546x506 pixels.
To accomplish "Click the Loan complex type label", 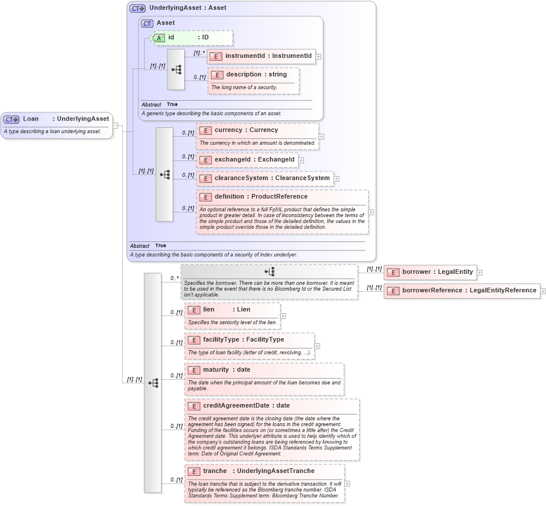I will tap(56, 119).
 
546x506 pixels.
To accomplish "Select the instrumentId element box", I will tap(262, 56).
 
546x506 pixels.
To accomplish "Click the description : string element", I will tap(254, 75).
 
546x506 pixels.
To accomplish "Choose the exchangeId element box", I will tap(247, 160).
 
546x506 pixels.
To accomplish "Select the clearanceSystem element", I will tap(265, 178).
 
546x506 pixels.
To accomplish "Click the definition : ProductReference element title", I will tap(261, 197).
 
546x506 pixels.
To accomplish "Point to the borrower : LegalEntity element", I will tap(429, 272).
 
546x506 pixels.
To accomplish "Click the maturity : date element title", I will tap(226, 370).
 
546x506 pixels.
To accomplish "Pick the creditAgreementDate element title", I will tap(246, 406).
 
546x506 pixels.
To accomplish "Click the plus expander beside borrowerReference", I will tap(543, 291).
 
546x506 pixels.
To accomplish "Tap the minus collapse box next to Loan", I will tap(116, 125).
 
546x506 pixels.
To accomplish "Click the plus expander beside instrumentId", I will tap(318, 57).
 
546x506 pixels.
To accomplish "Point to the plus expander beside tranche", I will tap(347, 483).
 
